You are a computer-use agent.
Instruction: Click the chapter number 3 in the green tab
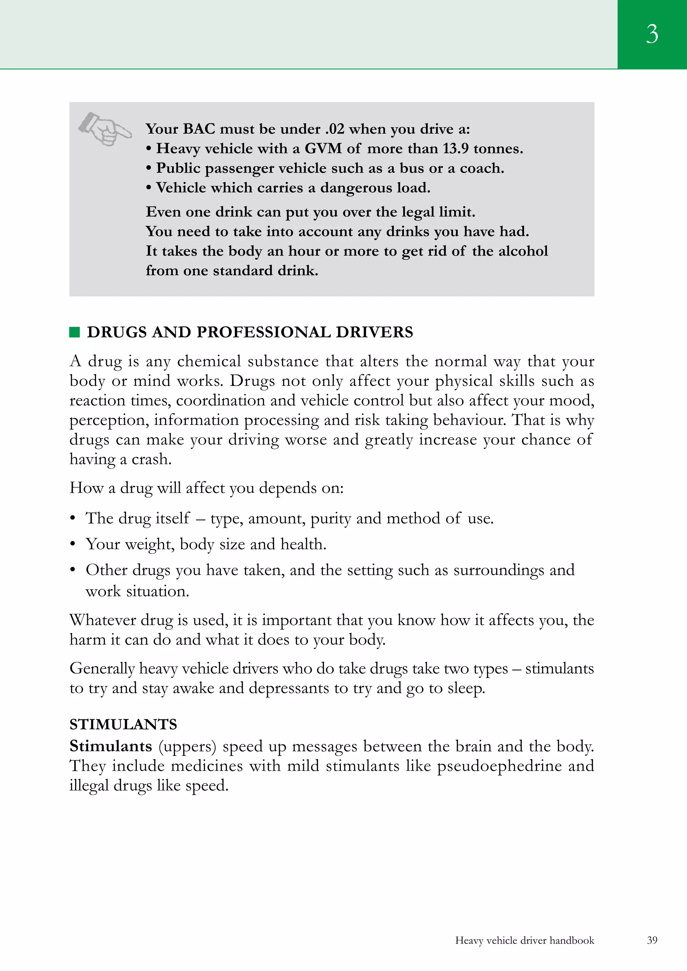pos(652,34)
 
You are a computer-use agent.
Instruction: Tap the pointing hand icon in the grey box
pos(105,129)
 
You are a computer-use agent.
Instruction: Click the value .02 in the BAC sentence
pos(335,129)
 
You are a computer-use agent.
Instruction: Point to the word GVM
pos(323,148)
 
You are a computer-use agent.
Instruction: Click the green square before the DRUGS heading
pos(74,332)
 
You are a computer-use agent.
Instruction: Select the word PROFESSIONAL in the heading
pos(262,332)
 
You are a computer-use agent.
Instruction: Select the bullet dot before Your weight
pos(73,544)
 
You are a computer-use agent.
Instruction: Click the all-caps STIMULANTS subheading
pos(123,724)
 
